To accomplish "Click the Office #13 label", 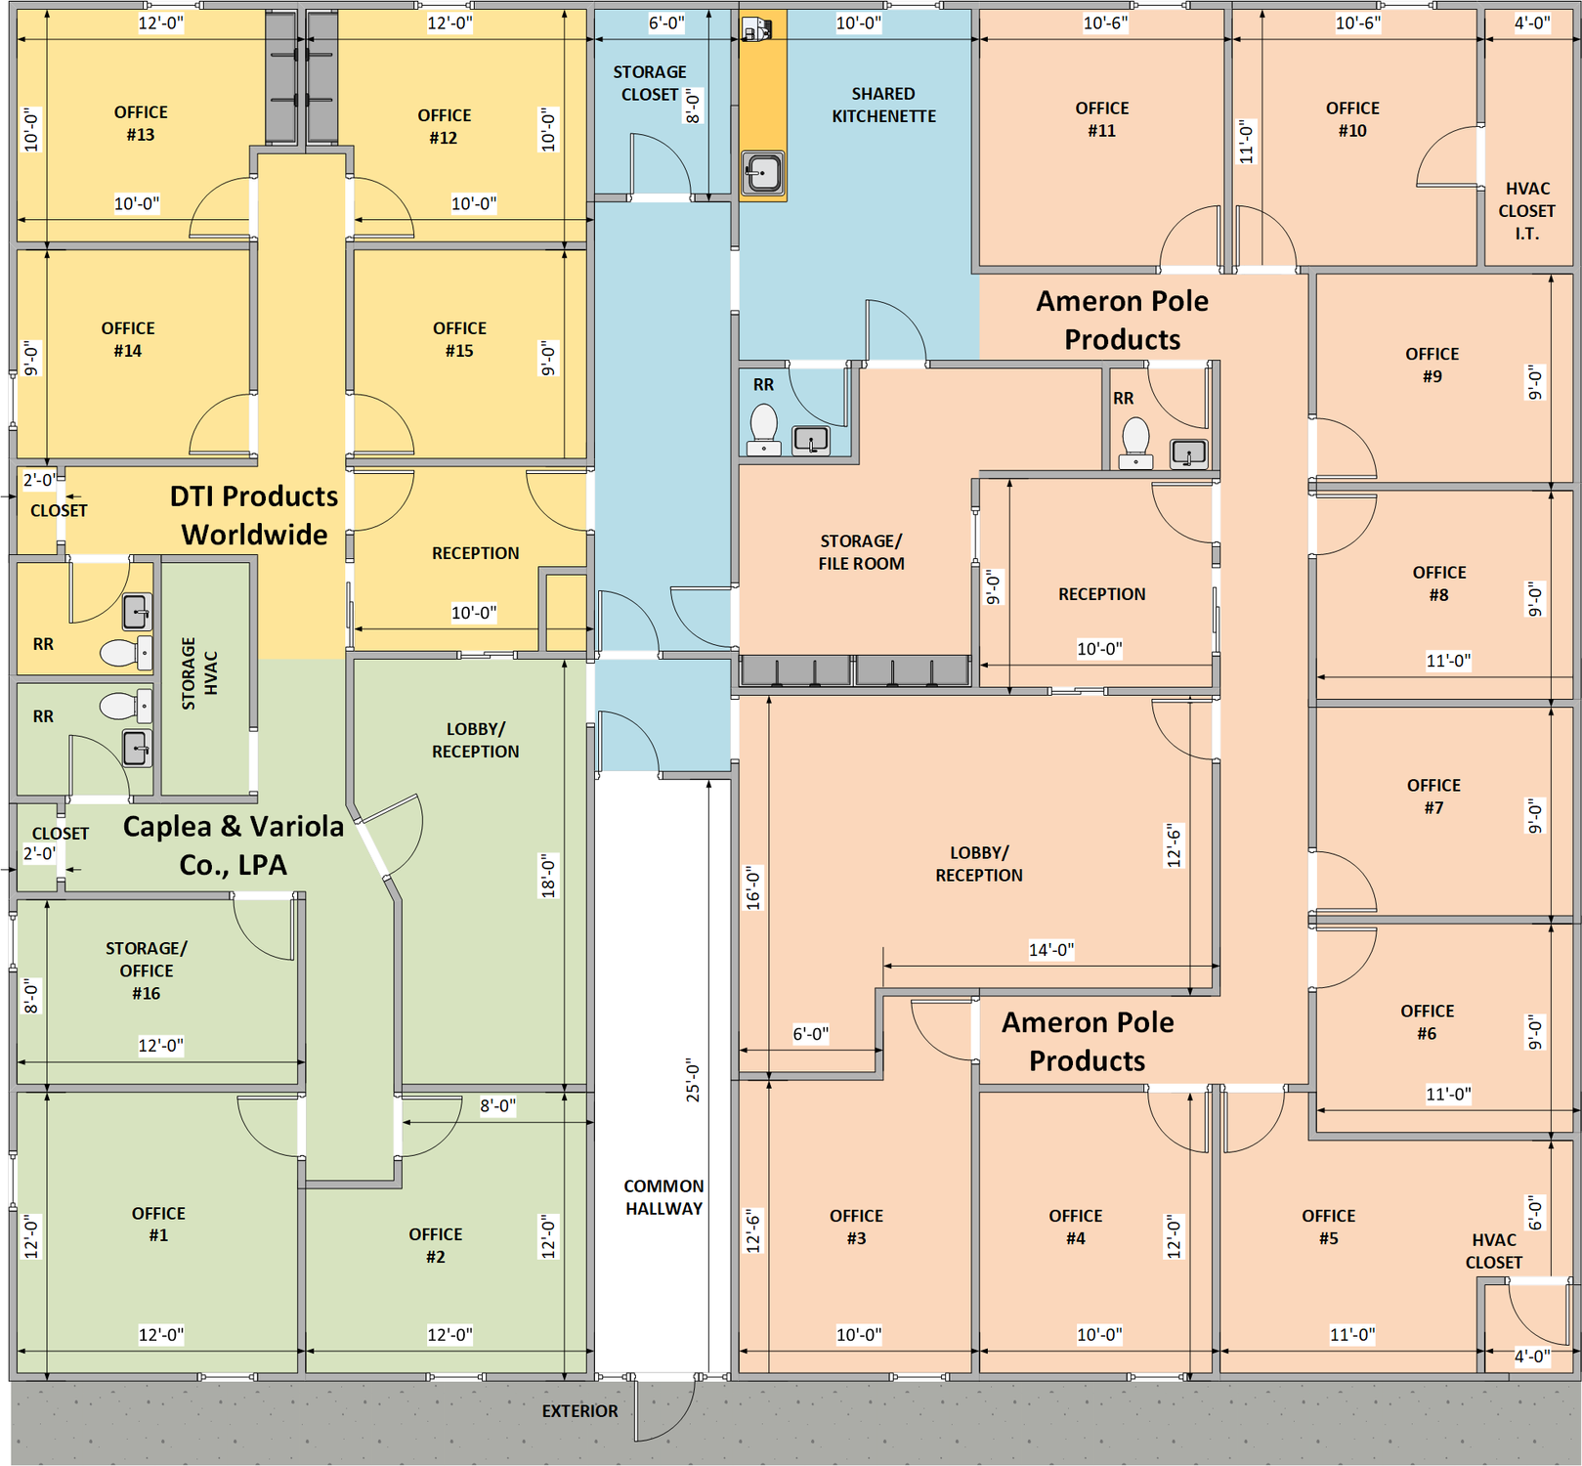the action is pos(141,123).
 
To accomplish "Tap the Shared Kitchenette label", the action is pos(883,105).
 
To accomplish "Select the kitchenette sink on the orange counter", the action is pos(762,174).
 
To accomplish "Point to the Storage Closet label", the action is pos(650,83).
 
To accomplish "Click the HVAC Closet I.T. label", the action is pos(1526,210).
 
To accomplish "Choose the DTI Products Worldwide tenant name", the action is pos(254,515).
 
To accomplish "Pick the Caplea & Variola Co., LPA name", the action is pos(233,845).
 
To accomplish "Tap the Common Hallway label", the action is pos(663,1196).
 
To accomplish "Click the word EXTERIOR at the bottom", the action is pos(579,1410).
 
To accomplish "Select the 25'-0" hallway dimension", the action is pos(693,1080).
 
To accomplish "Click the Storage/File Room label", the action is pos(861,552).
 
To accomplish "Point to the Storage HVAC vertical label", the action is pos(199,673).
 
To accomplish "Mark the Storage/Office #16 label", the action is pos(147,970).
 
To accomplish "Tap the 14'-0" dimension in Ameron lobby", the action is pos(1050,949).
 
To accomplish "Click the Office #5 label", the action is pos(1328,1227).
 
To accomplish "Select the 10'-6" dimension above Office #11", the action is pos(1105,22).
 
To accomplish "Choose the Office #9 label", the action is pos(1432,365).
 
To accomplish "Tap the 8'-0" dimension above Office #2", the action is pos(497,1105).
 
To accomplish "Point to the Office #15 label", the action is pos(459,339).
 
